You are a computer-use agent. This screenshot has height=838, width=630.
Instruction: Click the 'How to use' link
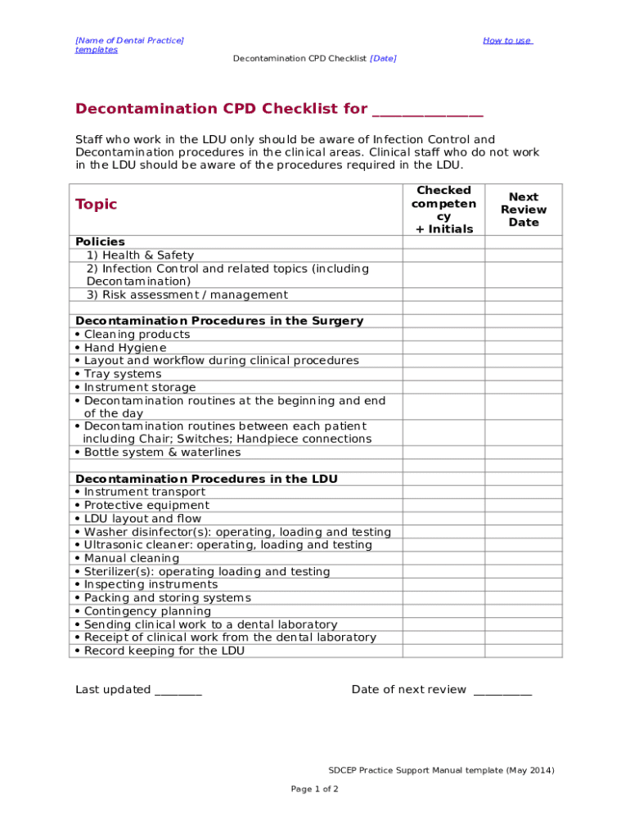click(507, 41)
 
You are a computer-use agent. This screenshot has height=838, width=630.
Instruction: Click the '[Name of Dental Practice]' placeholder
click(129, 40)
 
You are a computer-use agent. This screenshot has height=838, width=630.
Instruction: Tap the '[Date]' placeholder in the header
click(383, 59)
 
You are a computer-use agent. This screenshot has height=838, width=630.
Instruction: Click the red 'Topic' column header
click(97, 205)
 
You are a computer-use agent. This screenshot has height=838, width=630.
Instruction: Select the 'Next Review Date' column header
click(524, 209)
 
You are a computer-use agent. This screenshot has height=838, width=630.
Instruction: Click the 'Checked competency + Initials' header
click(443, 209)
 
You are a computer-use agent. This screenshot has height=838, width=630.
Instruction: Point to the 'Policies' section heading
click(101, 241)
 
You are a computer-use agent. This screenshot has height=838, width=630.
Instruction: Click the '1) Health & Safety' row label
click(140, 255)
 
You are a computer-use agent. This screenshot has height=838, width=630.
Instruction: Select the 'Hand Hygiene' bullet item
click(124, 348)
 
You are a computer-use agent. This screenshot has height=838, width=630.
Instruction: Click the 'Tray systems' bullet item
click(123, 374)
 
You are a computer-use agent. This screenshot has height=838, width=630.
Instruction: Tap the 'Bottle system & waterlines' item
click(162, 453)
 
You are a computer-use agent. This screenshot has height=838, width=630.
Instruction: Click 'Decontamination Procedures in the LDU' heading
click(206, 479)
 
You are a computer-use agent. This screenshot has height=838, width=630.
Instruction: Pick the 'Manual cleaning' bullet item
click(131, 558)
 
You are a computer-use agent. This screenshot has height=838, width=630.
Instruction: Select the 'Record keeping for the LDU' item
click(164, 651)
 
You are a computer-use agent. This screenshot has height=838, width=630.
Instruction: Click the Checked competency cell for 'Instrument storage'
click(443, 387)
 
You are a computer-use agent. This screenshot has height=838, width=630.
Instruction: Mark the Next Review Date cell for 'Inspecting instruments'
click(524, 584)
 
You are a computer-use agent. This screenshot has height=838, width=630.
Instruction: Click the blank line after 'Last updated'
click(178, 690)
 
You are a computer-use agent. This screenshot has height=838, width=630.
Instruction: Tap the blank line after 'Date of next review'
click(502, 690)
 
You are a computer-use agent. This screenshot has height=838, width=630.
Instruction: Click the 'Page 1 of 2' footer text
click(315, 789)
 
